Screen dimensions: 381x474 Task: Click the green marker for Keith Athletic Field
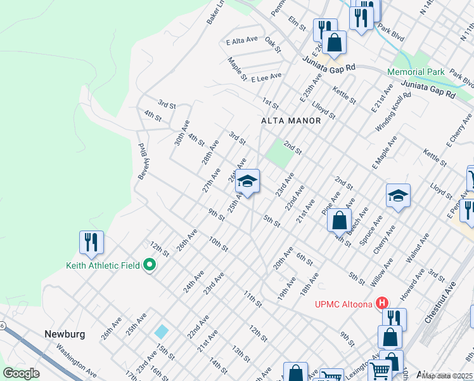(150, 265)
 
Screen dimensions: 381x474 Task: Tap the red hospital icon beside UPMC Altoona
(382, 304)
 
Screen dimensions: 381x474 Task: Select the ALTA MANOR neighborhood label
(290, 120)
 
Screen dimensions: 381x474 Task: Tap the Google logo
(22, 373)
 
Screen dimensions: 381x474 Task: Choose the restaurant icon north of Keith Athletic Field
(91, 243)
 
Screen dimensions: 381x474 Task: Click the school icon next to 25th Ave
(248, 182)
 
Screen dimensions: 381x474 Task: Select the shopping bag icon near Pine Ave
(340, 221)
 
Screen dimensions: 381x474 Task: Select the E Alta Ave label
(242, 40)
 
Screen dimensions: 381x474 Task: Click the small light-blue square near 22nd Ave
(162, 331)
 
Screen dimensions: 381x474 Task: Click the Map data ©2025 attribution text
(447, 375)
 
